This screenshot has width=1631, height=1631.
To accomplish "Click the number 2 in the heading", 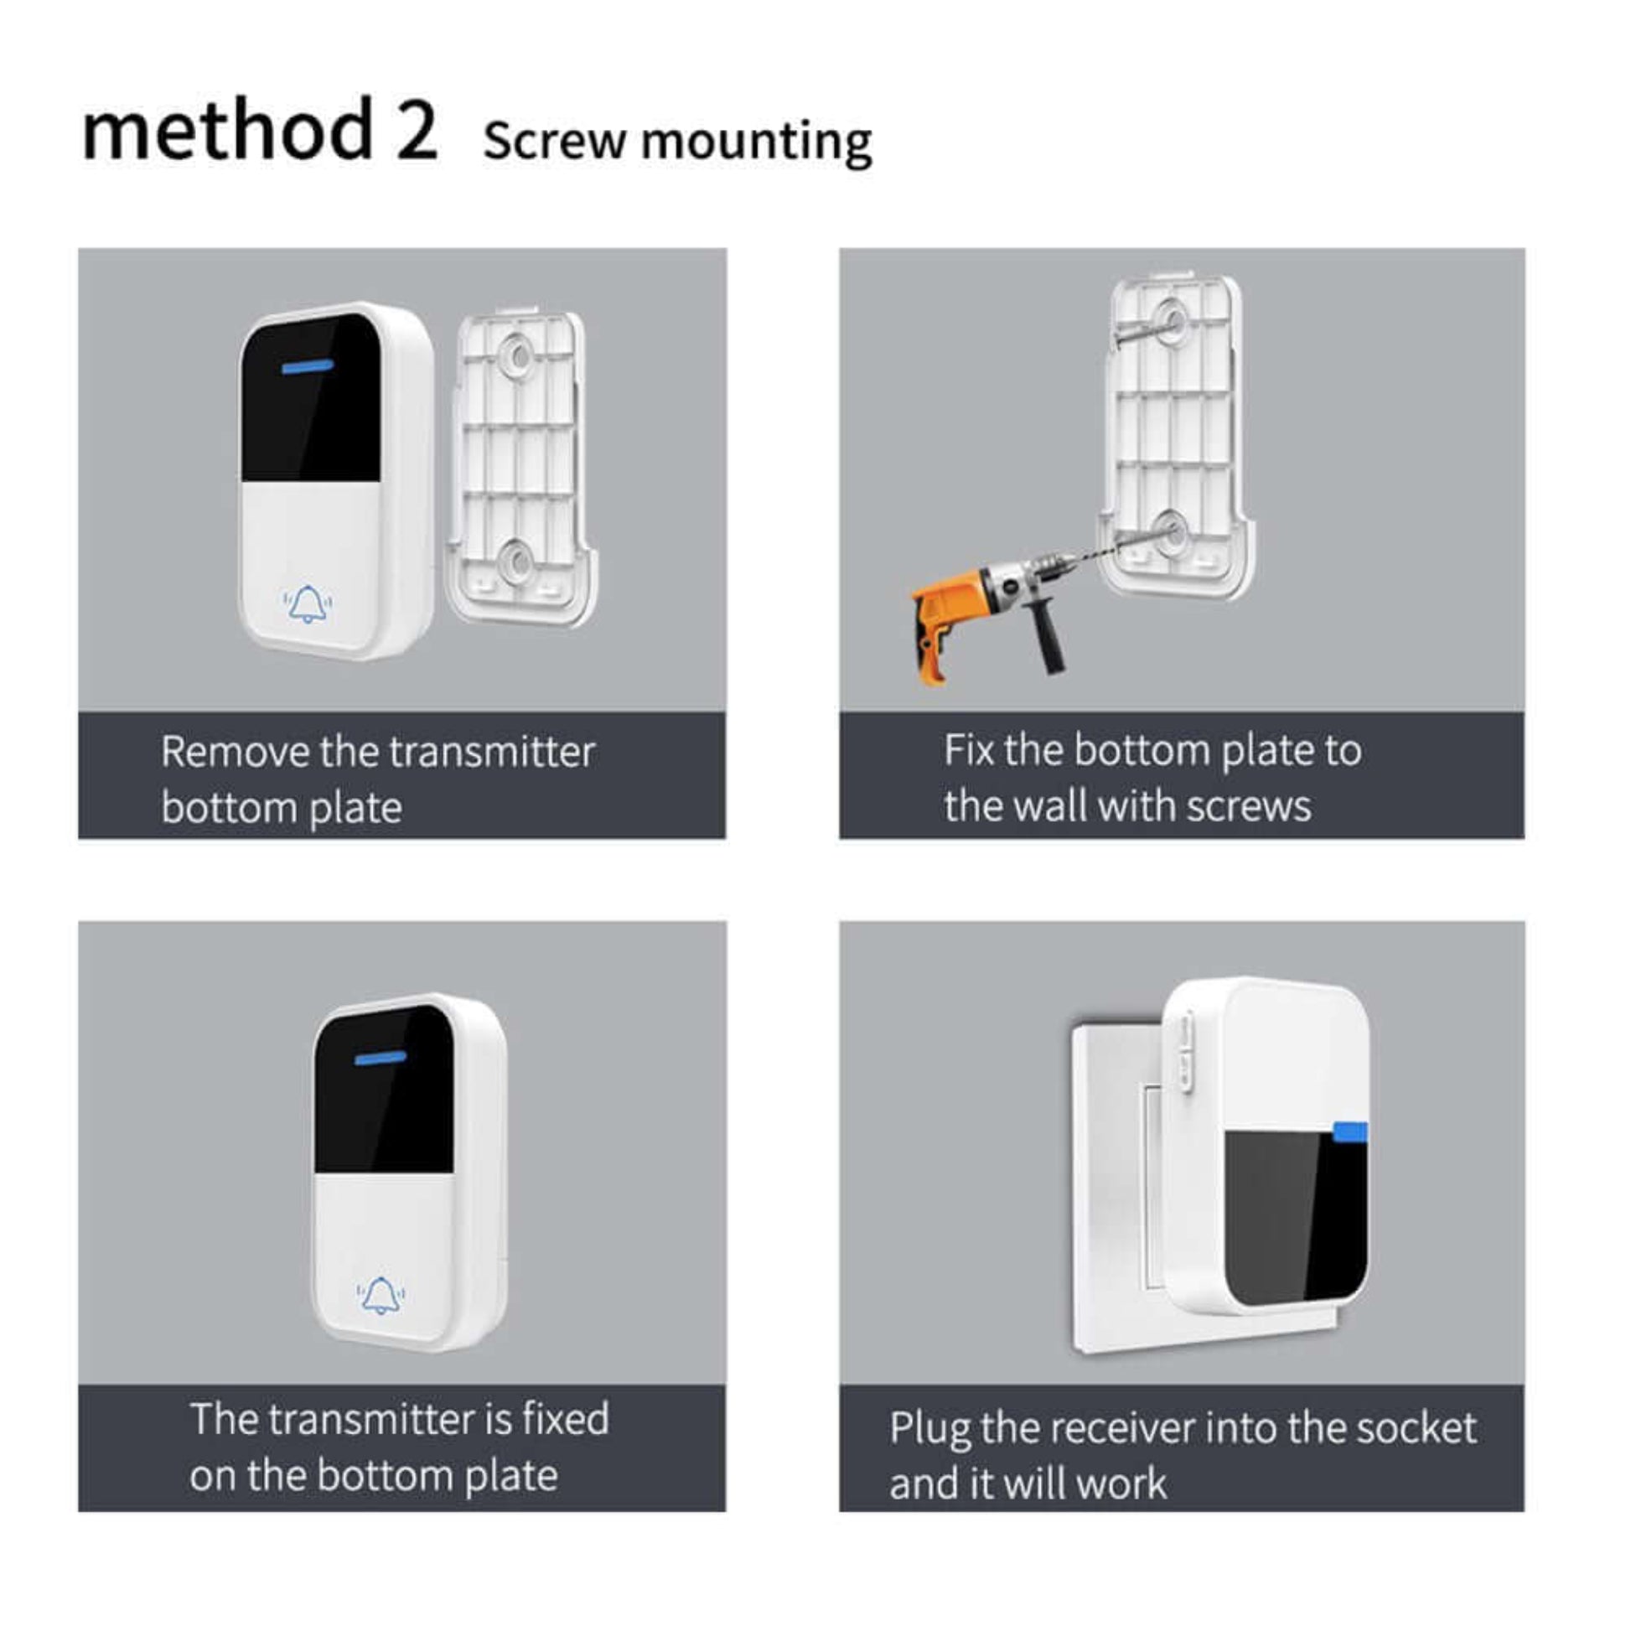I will (x=417, y=131).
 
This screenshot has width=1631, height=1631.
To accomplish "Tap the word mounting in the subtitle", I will (x=755, y=142).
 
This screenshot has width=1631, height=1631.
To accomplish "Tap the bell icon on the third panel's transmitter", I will (x=381, y=1295).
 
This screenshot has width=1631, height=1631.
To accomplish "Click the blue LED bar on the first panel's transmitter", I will (x=308, y=367).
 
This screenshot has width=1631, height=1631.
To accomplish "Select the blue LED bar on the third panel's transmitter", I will (x=381, y=1058).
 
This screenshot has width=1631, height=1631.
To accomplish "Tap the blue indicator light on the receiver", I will (x=1351, y=1131).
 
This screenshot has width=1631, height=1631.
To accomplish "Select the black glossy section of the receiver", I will (x=1292, y=1215).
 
